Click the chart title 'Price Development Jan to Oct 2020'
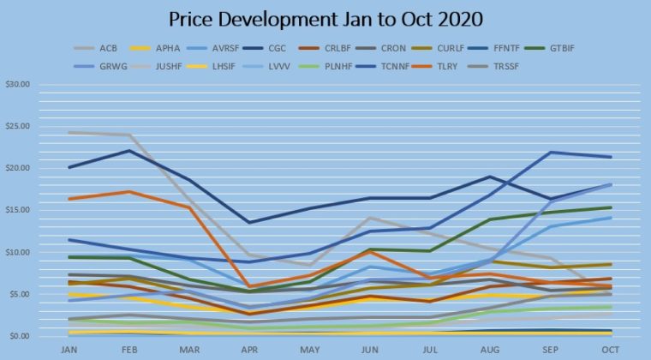(325, 20)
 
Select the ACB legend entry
(95, 48)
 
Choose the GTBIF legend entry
(549, 48)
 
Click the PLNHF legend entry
(325, 67)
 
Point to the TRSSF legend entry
(493, 67)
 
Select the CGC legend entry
(265, 48)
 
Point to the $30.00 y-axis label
(18, 84)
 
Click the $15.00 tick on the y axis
(18, 210)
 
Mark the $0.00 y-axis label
(20, 336)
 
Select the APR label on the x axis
(249, 350)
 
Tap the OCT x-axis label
(610, 350)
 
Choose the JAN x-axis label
(69, 350)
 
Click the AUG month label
(490, 350)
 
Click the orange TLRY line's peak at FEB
(129, 191)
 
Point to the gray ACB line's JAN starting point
(69, 133)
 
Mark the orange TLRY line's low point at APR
(249, 286)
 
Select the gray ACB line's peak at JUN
(370, 217)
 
